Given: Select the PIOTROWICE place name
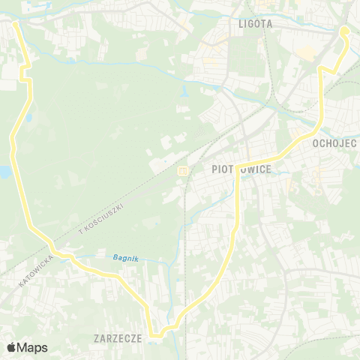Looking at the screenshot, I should click(x=236, y=169).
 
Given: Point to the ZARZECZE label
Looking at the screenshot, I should click(x=118, y=338).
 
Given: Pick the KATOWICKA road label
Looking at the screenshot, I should click(x=37, y=273).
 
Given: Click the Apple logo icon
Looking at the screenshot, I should click(x=11, y=347).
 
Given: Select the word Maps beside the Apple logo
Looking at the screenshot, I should click(x=32, y=347).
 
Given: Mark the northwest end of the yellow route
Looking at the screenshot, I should click(x=15, y=24).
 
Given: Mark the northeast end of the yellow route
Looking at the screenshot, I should click(x=343, y=31).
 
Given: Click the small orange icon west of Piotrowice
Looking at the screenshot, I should click(x=182, y=171).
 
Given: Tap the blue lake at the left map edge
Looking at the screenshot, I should click(x=4, y=172).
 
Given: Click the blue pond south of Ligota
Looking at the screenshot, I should click(x=184, y=94).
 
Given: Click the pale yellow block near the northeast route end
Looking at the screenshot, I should click(x=306, y=52).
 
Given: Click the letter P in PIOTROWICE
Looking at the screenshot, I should click(x=205, y=169).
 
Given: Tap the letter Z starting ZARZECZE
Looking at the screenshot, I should click(x=97, y=338).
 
